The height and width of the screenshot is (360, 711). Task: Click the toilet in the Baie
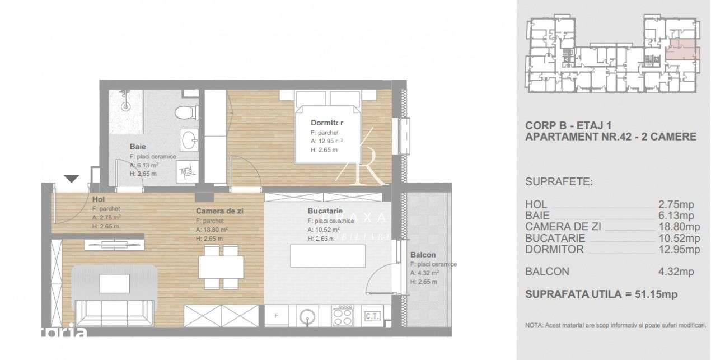[x=184, y=112]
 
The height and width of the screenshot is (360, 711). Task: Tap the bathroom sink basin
[x=189, y=138]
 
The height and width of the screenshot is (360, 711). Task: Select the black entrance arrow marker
[x=71, y=179]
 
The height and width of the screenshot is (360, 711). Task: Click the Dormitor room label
[x=327, y=123]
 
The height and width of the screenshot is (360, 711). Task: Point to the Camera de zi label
[x=220, y=211]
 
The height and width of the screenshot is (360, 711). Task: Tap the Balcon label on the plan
[x=423, y=254]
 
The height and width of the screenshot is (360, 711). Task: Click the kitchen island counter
[x=328, y=256]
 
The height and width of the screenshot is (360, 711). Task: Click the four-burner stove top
[x=342, y=317]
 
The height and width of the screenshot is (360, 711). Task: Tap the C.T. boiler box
[x=372, y=316]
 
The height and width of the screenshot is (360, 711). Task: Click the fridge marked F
[x=277, y=316]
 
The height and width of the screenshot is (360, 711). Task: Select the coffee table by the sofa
[x=115, y=283]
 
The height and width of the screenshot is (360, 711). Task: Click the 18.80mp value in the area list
[x=679, y=227]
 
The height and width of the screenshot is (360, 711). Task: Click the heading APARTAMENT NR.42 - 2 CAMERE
[x=611, y=137]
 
